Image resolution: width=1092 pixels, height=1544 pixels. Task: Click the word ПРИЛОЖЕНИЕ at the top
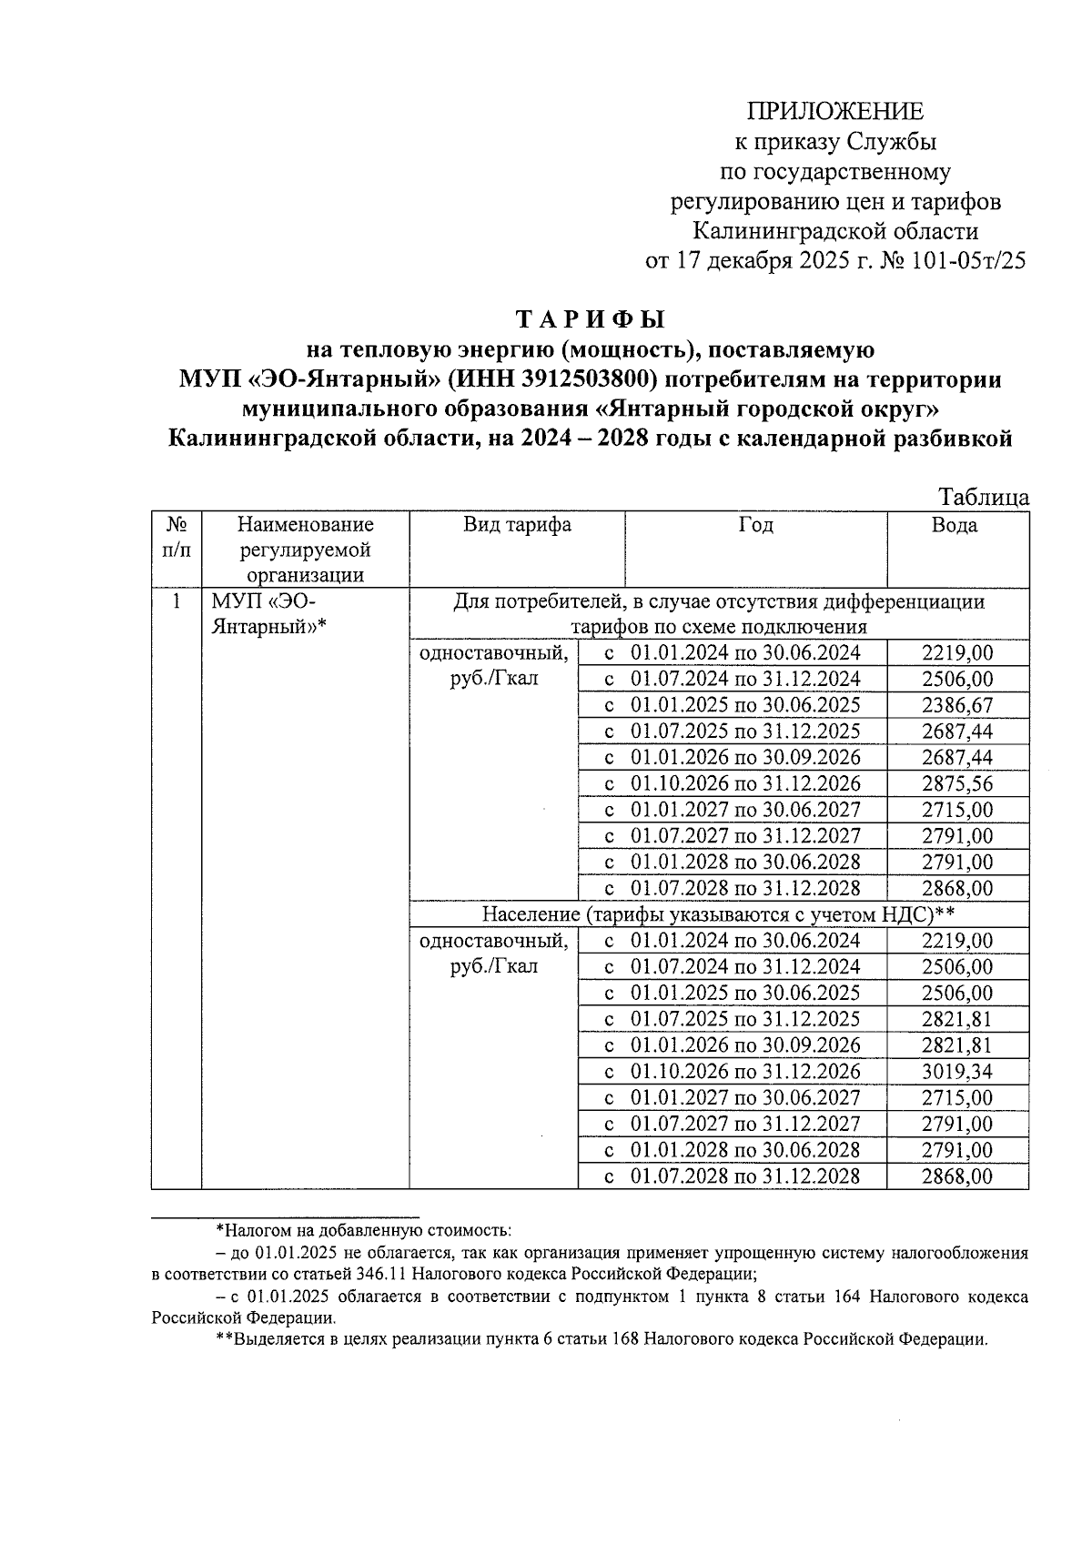coord(834,112)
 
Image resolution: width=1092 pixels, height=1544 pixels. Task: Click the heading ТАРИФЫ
coord(591,320)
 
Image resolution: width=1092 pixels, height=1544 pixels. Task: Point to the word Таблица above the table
coord(984,497)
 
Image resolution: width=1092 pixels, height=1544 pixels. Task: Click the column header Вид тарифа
coord(517,525)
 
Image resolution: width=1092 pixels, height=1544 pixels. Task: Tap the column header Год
coord(755,525)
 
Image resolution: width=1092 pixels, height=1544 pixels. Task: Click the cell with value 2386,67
coord(956,705)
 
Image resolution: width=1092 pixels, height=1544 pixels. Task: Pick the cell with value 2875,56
coord(956,783)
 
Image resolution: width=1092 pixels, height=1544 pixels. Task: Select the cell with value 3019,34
coord(956,1071)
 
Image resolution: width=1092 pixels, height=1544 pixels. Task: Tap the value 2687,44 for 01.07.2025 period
coord(956,732)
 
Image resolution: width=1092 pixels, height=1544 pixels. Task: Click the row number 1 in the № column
coord(177,602)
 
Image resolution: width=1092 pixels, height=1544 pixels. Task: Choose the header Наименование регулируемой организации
coord(305,550)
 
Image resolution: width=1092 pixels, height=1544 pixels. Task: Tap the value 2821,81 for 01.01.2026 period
coord(956,1044)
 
